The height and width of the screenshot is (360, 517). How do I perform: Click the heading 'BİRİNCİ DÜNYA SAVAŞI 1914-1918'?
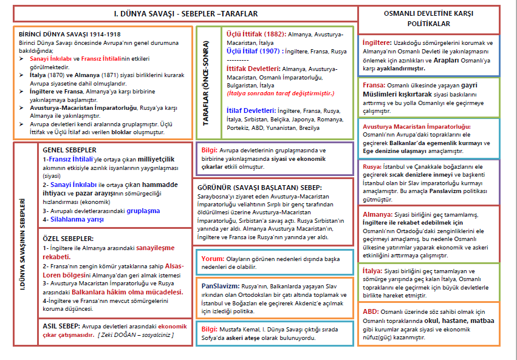tap(61, 35)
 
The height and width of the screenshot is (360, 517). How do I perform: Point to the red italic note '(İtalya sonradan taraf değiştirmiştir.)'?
tap(280, 94)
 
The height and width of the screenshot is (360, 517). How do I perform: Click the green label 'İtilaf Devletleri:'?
tap(250, 112)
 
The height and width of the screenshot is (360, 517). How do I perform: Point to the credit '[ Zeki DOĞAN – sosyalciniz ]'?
tap(135, 335)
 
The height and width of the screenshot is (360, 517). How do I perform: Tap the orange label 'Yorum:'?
tap(213, 259)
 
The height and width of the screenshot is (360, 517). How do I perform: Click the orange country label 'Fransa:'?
tap(374, 86)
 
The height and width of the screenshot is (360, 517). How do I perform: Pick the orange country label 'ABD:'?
tap(371, 311)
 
